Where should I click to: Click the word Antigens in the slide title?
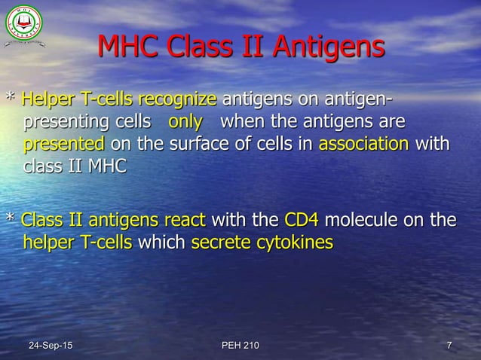pyautogui.click(x=328, y=50)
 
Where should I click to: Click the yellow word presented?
pyautogui.click(x=64, y=144)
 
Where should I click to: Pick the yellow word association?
pyautogui.click(x=364, y=144)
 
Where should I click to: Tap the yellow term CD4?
pyautogui.click(x=302, y=221)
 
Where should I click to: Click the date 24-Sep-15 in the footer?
pyautogui.click(x=51, y=346)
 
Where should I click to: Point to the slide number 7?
pyautogui.click(x=449, y=346)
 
